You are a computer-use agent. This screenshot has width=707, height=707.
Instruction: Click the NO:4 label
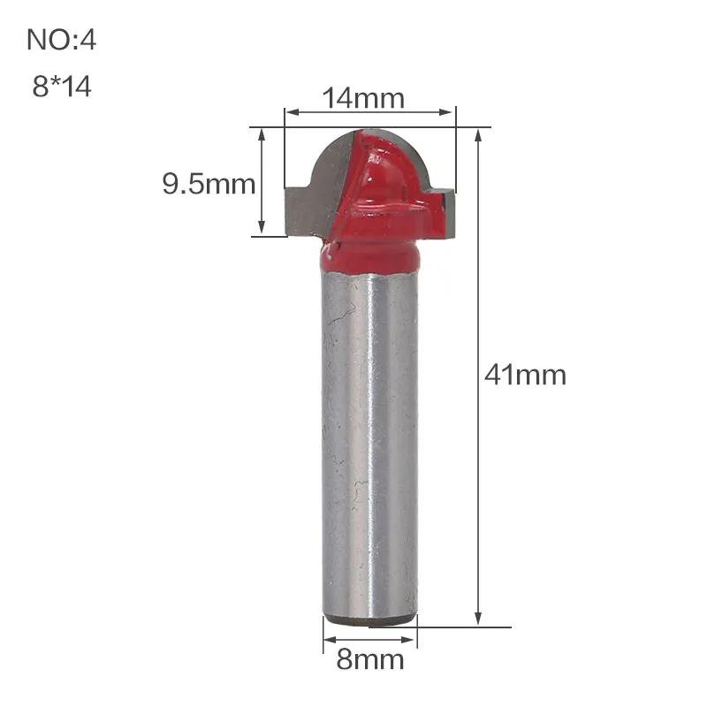pos(61,40)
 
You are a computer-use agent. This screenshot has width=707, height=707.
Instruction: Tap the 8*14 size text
pos(62,86)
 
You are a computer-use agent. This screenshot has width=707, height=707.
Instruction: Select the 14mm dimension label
pos(363,98)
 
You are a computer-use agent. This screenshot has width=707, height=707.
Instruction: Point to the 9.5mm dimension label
pos(209,184)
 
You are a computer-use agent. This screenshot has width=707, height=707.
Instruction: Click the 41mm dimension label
pos(525,375)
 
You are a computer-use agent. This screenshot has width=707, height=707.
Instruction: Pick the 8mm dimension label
pos(370,659)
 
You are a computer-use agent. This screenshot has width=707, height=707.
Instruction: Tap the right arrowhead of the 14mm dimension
pos(445,112)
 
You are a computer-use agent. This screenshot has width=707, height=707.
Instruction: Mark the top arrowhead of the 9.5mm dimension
pos(262,136)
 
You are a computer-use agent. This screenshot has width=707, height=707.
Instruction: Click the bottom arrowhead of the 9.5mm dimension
pos(262,227)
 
